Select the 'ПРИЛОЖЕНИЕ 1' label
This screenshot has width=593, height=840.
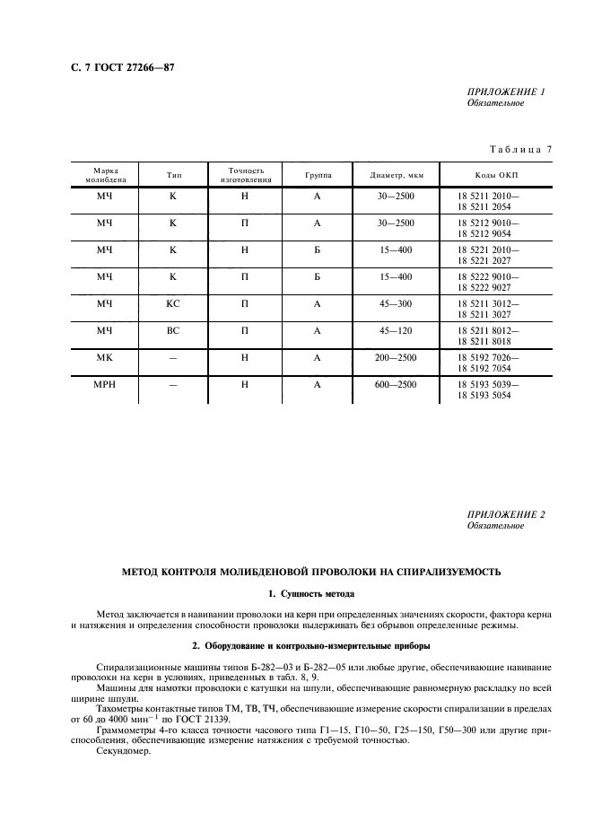click(506, 92)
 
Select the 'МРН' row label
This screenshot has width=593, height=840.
click(104, 384)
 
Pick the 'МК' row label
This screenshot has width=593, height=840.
click(104, 357)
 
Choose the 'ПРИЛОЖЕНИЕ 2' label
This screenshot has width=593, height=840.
click(506, 514)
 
